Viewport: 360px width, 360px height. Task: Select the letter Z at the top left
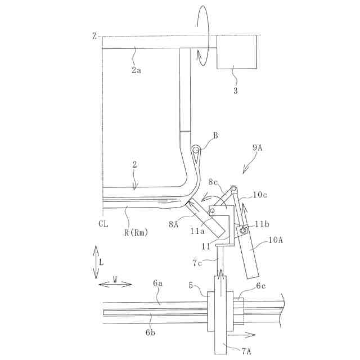(x=95, y=36)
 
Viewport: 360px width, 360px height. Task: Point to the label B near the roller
(x=215, y=136)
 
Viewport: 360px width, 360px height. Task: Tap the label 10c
(x=259, y=195)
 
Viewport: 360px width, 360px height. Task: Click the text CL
(x=103, y=224)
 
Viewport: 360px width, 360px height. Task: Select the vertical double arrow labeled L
(x=96, y=262)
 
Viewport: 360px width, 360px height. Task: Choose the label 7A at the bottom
(x=246, y=352)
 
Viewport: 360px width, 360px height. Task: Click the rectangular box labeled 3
(x=236, y=52)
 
